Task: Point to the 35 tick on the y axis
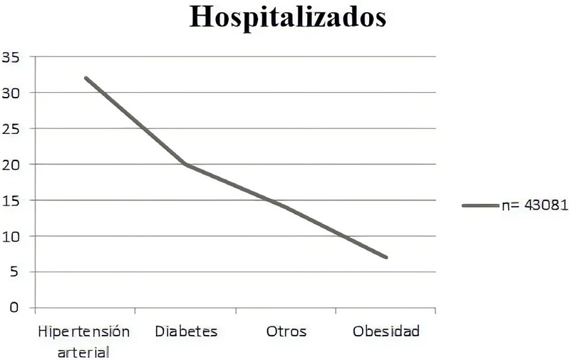(11, 56)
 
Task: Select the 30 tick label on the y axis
(11, 93)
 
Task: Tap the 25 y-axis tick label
(11, 128)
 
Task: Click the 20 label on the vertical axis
(11, 164)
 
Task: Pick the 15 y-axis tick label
(11, 200)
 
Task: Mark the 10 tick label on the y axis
(11, 236)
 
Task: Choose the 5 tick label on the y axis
(14, 272)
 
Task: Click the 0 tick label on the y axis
(14, 308)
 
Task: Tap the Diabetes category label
(185, 331)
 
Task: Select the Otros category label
(286, 331)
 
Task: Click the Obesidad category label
(386, 331)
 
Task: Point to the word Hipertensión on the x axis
(85, 331)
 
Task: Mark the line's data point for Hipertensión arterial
(85, 78)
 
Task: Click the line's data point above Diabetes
(186, 164)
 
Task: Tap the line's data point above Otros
(286, 207)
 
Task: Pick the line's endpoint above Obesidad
(386, 257)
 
